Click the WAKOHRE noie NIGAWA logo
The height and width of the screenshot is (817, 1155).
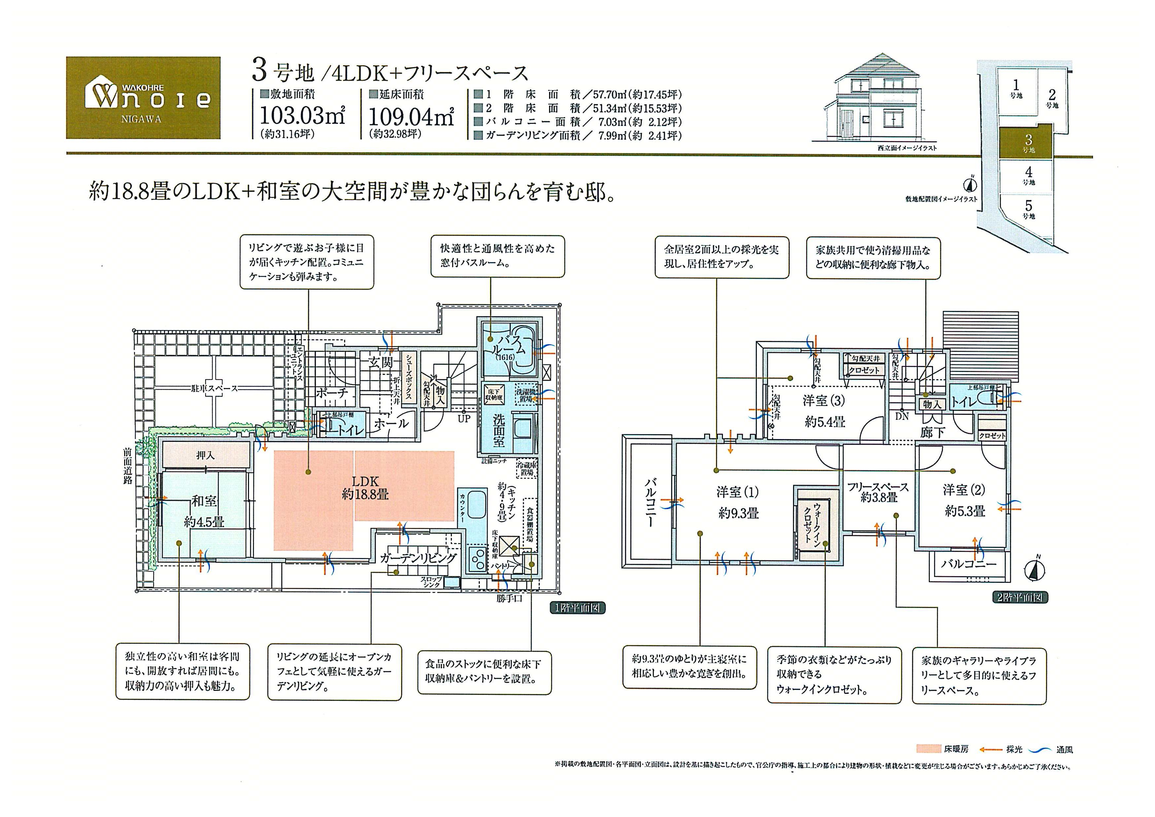(143, 98)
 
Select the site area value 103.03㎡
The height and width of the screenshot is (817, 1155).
(302, 116)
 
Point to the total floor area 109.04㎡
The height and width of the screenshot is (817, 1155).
(411, 117)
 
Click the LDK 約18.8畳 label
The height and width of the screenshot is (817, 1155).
(365, 488)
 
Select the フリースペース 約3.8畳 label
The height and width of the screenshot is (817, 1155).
(878, 492)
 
